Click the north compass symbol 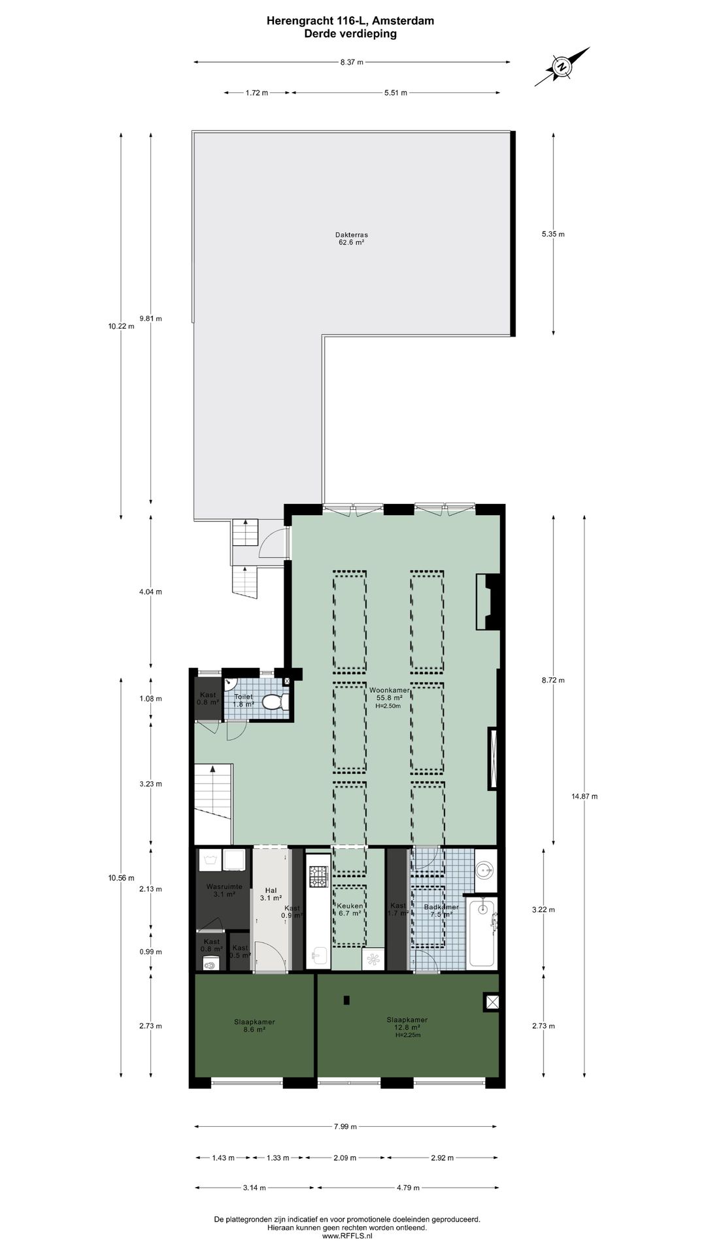point(561,67)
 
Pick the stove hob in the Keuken point(318,877)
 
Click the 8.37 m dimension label point(351,62)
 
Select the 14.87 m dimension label point(584,796)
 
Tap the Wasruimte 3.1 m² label point(224,890)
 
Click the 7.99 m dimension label point(345,1126)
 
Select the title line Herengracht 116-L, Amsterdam point(350,21)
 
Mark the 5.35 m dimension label point(553,234)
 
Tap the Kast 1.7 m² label point(397,909)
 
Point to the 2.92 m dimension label point(441,1158)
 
